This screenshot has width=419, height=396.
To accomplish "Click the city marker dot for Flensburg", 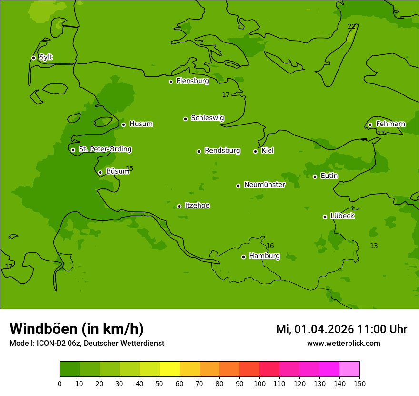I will tap(170, 82).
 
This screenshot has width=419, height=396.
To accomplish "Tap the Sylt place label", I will tap(46, 57).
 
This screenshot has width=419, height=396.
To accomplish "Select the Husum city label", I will tap(141, 124).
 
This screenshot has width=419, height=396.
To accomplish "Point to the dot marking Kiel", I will tap(255, 151).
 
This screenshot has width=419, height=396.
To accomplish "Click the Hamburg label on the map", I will tap(264, 256).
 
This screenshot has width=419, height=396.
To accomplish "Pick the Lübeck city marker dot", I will tap(325, 217).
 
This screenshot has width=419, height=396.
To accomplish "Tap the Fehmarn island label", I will tap(390, 124).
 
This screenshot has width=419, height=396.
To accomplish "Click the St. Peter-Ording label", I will tap(105, 149).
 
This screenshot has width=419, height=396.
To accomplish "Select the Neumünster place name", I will tap(264, 185).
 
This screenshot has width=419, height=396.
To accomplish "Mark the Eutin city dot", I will tap(315, 177).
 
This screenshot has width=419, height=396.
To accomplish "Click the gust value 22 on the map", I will tap(351, 26).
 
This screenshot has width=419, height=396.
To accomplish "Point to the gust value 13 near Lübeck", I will tap(374, 246).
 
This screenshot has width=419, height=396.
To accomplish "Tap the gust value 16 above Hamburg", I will tap(270, 246).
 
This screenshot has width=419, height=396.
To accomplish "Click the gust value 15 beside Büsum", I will tap(130, 168).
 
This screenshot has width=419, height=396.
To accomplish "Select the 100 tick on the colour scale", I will tap(259, 383).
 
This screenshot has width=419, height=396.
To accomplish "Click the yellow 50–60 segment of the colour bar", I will tap(170, 369).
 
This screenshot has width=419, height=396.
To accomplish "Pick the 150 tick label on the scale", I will tap(359, 383).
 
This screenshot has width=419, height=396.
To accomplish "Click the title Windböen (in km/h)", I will tap(77, 329).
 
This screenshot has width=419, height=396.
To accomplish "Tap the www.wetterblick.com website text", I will tap(343, 343).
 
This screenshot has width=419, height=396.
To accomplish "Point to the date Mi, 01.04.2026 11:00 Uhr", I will tap(341, 329).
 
